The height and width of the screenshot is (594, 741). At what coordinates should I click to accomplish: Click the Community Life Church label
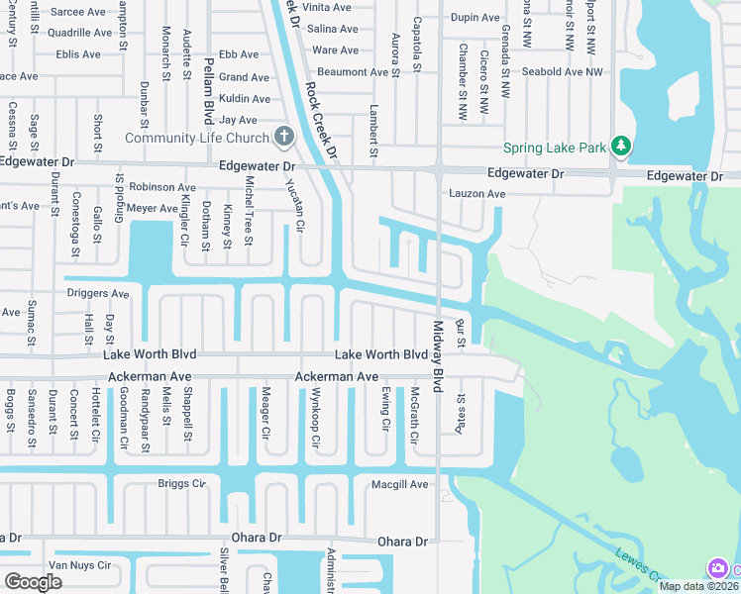(x=198, y=138)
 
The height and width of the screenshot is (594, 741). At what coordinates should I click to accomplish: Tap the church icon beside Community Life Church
(x=283, y=136)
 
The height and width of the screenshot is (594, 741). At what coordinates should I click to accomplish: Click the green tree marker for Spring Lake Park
(x=621, y=147)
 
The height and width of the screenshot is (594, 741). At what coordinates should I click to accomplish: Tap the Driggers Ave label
(x=98, y=294)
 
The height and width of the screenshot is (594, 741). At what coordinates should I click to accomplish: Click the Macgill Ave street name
(x=399, y=484)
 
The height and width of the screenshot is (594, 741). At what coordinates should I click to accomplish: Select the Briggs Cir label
(x=181, y=484)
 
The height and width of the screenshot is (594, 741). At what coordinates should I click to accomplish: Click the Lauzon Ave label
(x=476, y=194)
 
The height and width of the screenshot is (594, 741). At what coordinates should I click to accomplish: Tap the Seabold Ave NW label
(x=562, y=71)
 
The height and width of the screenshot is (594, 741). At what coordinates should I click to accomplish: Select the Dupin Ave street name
(x=476, y=18)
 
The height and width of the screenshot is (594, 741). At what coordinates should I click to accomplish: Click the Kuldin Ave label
(x=245, y=99)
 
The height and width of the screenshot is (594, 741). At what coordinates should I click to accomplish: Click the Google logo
(x=34, y=582)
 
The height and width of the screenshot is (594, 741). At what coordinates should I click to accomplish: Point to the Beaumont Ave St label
(x=359, y=72)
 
